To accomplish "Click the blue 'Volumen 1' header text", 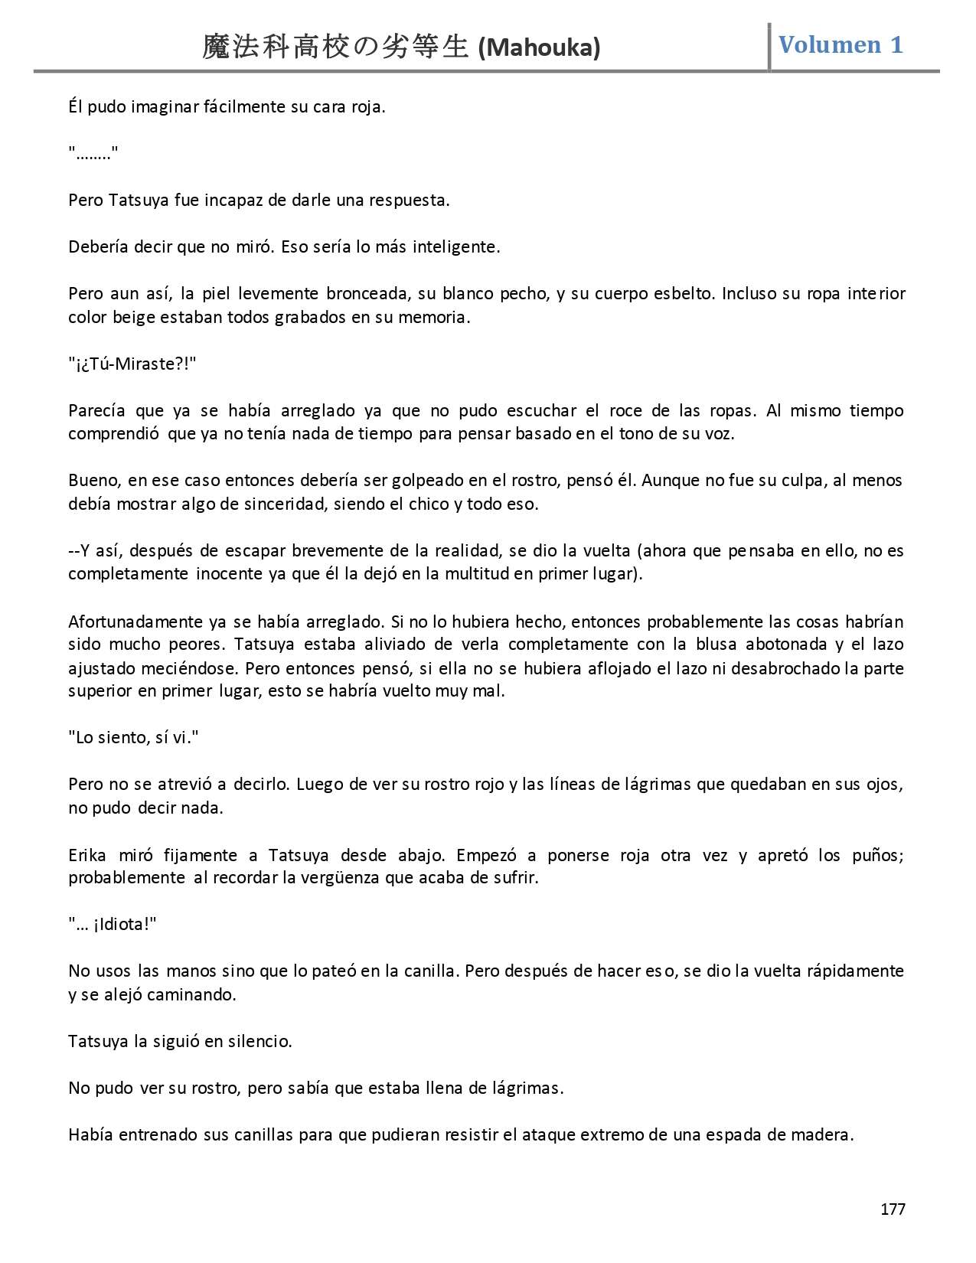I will tap(841, 45).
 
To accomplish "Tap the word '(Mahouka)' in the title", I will tap(539, 48).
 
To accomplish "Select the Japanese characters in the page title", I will tap(335, 47).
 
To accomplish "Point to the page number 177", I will tap(893, 1209).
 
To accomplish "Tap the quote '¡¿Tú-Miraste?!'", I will tap(132, 364).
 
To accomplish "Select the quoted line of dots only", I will tap(93, 154).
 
